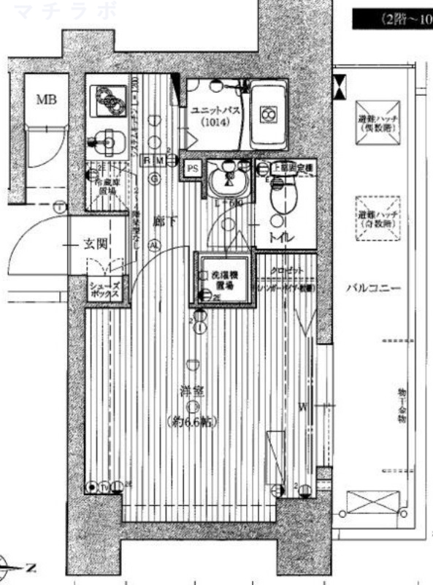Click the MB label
47,99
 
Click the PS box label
192,167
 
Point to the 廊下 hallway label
161,219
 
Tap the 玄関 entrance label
96,244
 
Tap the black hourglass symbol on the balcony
340,88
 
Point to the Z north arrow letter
29,567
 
